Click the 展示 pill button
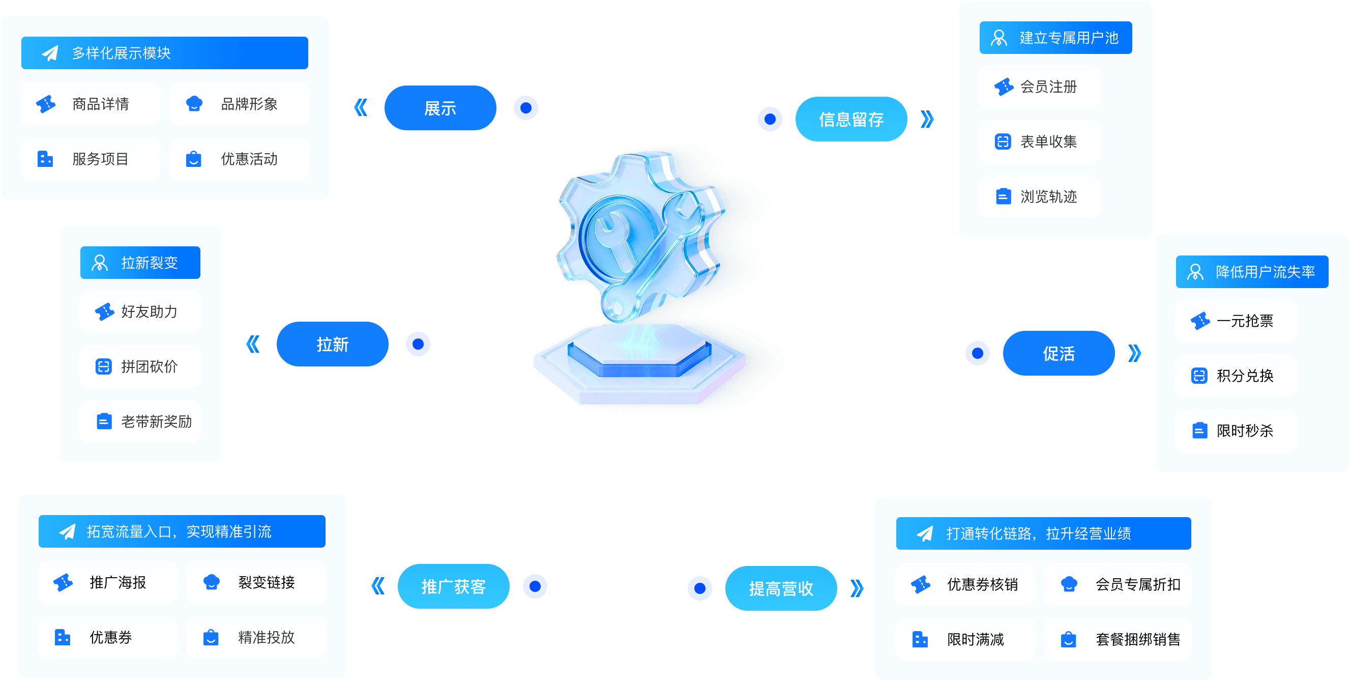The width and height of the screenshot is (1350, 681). pyautogui.click(x=440, y=108)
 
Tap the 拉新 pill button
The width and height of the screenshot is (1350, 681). pyautogui.click(x=332, y=344)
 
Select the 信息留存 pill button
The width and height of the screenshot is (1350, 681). pyautogui.click(x=851, y=119)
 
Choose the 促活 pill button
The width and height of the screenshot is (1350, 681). pyautogui.click(x=1059, y=353)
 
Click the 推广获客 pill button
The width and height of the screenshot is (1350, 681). pyautogui.click(x=453, y=586)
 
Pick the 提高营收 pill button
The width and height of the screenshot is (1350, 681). pyautogui.click(x=781, y=588)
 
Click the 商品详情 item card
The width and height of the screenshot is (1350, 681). pyautogui.click(x=90, y=104)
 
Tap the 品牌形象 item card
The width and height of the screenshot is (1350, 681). pyautogui.click(x=239, y=104)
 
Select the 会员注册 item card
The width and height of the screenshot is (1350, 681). pyautogui.click(x=1040, y=87)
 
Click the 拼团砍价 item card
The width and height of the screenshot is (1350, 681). pyautogui.click(x=140, y=366)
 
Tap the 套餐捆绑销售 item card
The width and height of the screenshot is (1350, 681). pyautogui.click(x=1118, y=639)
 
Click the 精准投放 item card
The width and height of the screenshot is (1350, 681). pyautogui.click(x=256, y=637)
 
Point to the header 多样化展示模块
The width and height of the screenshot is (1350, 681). pyautogui.click(x=165, y=53)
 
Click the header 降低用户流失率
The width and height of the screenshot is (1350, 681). pyautogui.click(x=1252, y=272)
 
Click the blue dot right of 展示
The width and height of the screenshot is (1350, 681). pyautogui.click(x=525, y=108)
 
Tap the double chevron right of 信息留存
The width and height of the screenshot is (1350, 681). pyautogui.click(x=927, y=119)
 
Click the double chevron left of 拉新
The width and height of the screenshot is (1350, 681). pyautogui.click(x=253, y=344)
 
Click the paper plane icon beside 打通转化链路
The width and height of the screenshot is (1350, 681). pyautogui.click(x=925, y=533)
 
